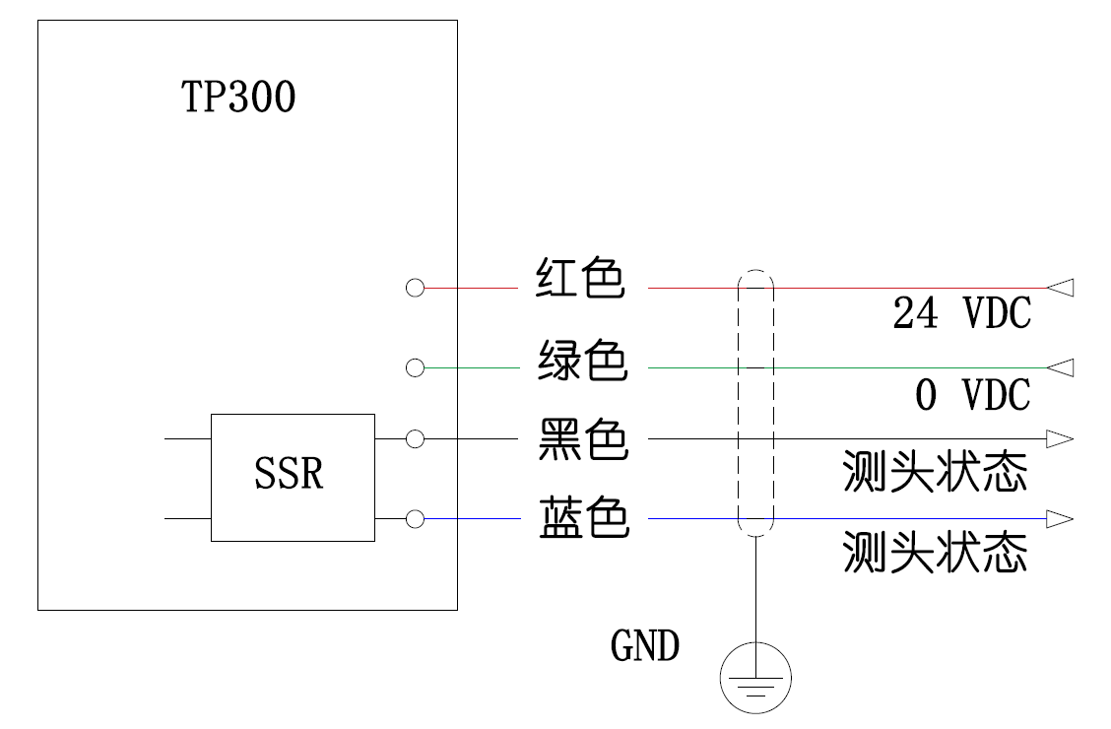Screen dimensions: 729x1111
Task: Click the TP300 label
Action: point(238,98)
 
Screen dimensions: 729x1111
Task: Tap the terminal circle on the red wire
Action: point(415,288)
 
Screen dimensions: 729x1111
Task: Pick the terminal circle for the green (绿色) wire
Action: point(415,367)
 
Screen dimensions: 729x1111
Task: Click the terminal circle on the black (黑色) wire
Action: point(415,438)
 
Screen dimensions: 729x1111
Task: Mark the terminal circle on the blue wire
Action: point(415,519)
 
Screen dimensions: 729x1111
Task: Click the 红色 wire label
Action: point(581,280)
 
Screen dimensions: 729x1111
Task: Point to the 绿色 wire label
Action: point(582,361)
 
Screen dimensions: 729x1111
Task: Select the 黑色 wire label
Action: point(582,439)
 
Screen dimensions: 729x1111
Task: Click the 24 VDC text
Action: point(961,314)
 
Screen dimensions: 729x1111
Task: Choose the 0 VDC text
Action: point(972,396)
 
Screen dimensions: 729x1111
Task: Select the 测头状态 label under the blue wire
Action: point(935,553)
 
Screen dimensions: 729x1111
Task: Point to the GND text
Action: point(645,647)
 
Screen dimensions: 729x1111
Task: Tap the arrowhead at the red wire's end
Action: point(1060,288)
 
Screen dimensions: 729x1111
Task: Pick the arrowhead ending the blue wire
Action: point(1060,519)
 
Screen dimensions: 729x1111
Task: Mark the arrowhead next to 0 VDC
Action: point(1060,367)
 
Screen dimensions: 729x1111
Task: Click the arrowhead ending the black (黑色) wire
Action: point(1060,438)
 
